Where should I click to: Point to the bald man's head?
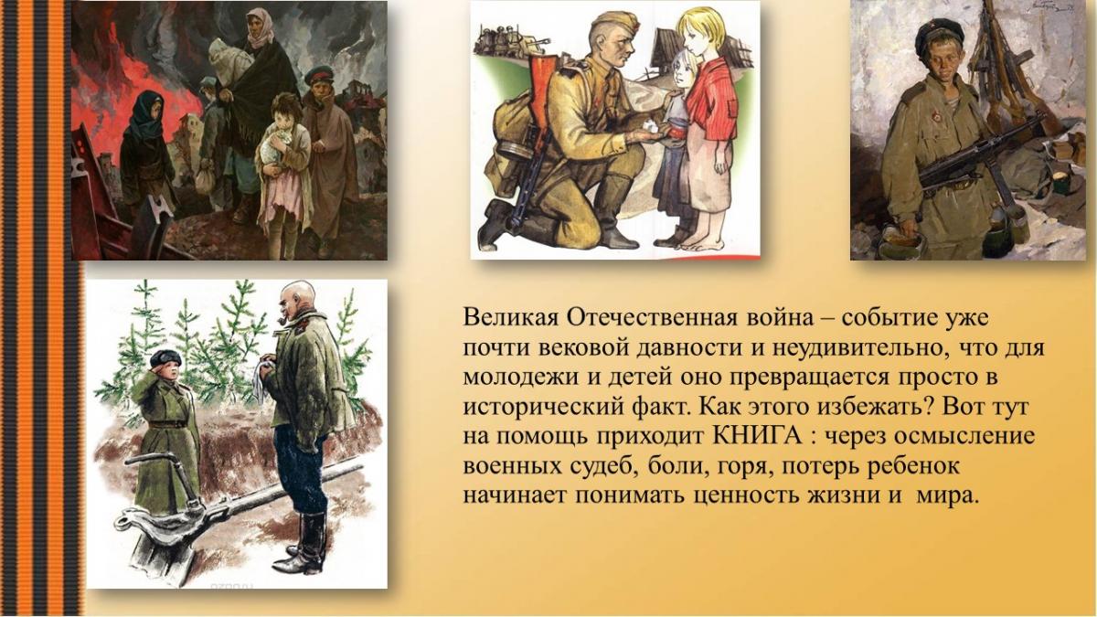point(297,300)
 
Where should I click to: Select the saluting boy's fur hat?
point(165,358)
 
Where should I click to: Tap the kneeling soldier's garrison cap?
point(614,23)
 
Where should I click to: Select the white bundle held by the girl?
point(275,141)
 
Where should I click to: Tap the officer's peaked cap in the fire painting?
point(319,75)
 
